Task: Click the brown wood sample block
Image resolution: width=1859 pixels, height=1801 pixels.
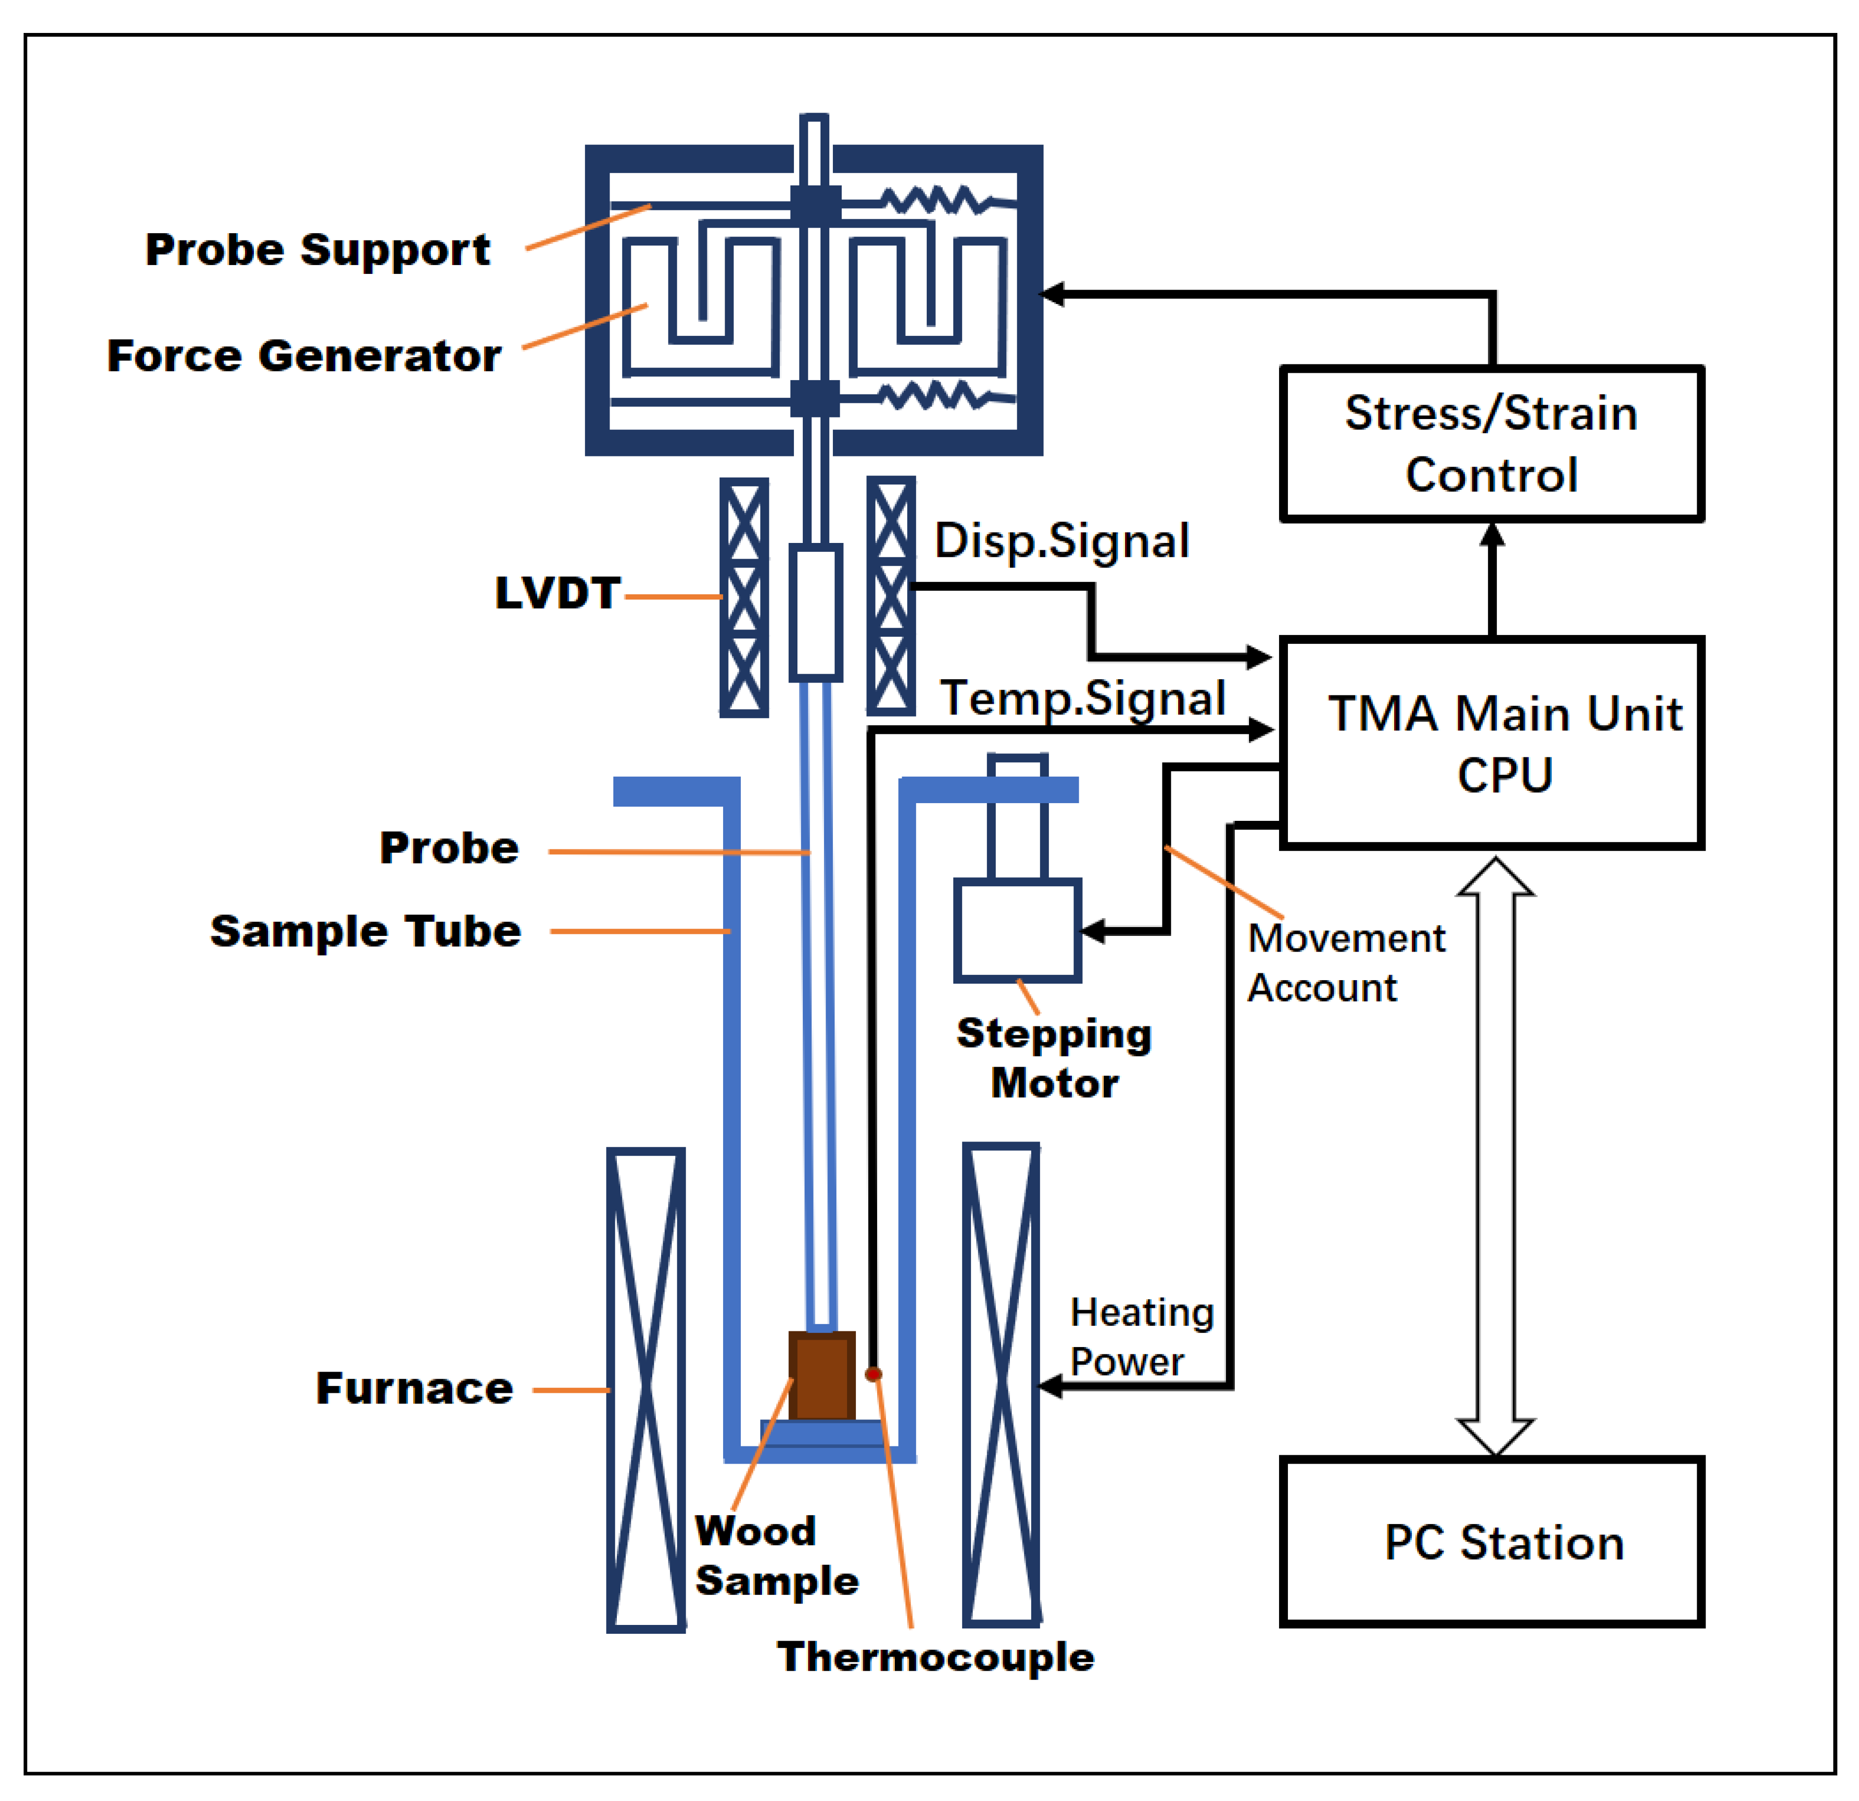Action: (x=822, y=1377)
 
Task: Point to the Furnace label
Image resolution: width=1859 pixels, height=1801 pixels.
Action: (x=415, y=1388)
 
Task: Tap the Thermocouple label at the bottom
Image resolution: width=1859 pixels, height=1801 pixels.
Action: (x=935, y=1657)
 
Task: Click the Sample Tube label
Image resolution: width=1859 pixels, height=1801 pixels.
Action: (x=365, y=931)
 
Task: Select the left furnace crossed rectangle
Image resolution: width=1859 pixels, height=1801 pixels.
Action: (x=646, y=1389)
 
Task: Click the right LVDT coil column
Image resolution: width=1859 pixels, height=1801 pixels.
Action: (x=890, y=596)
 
